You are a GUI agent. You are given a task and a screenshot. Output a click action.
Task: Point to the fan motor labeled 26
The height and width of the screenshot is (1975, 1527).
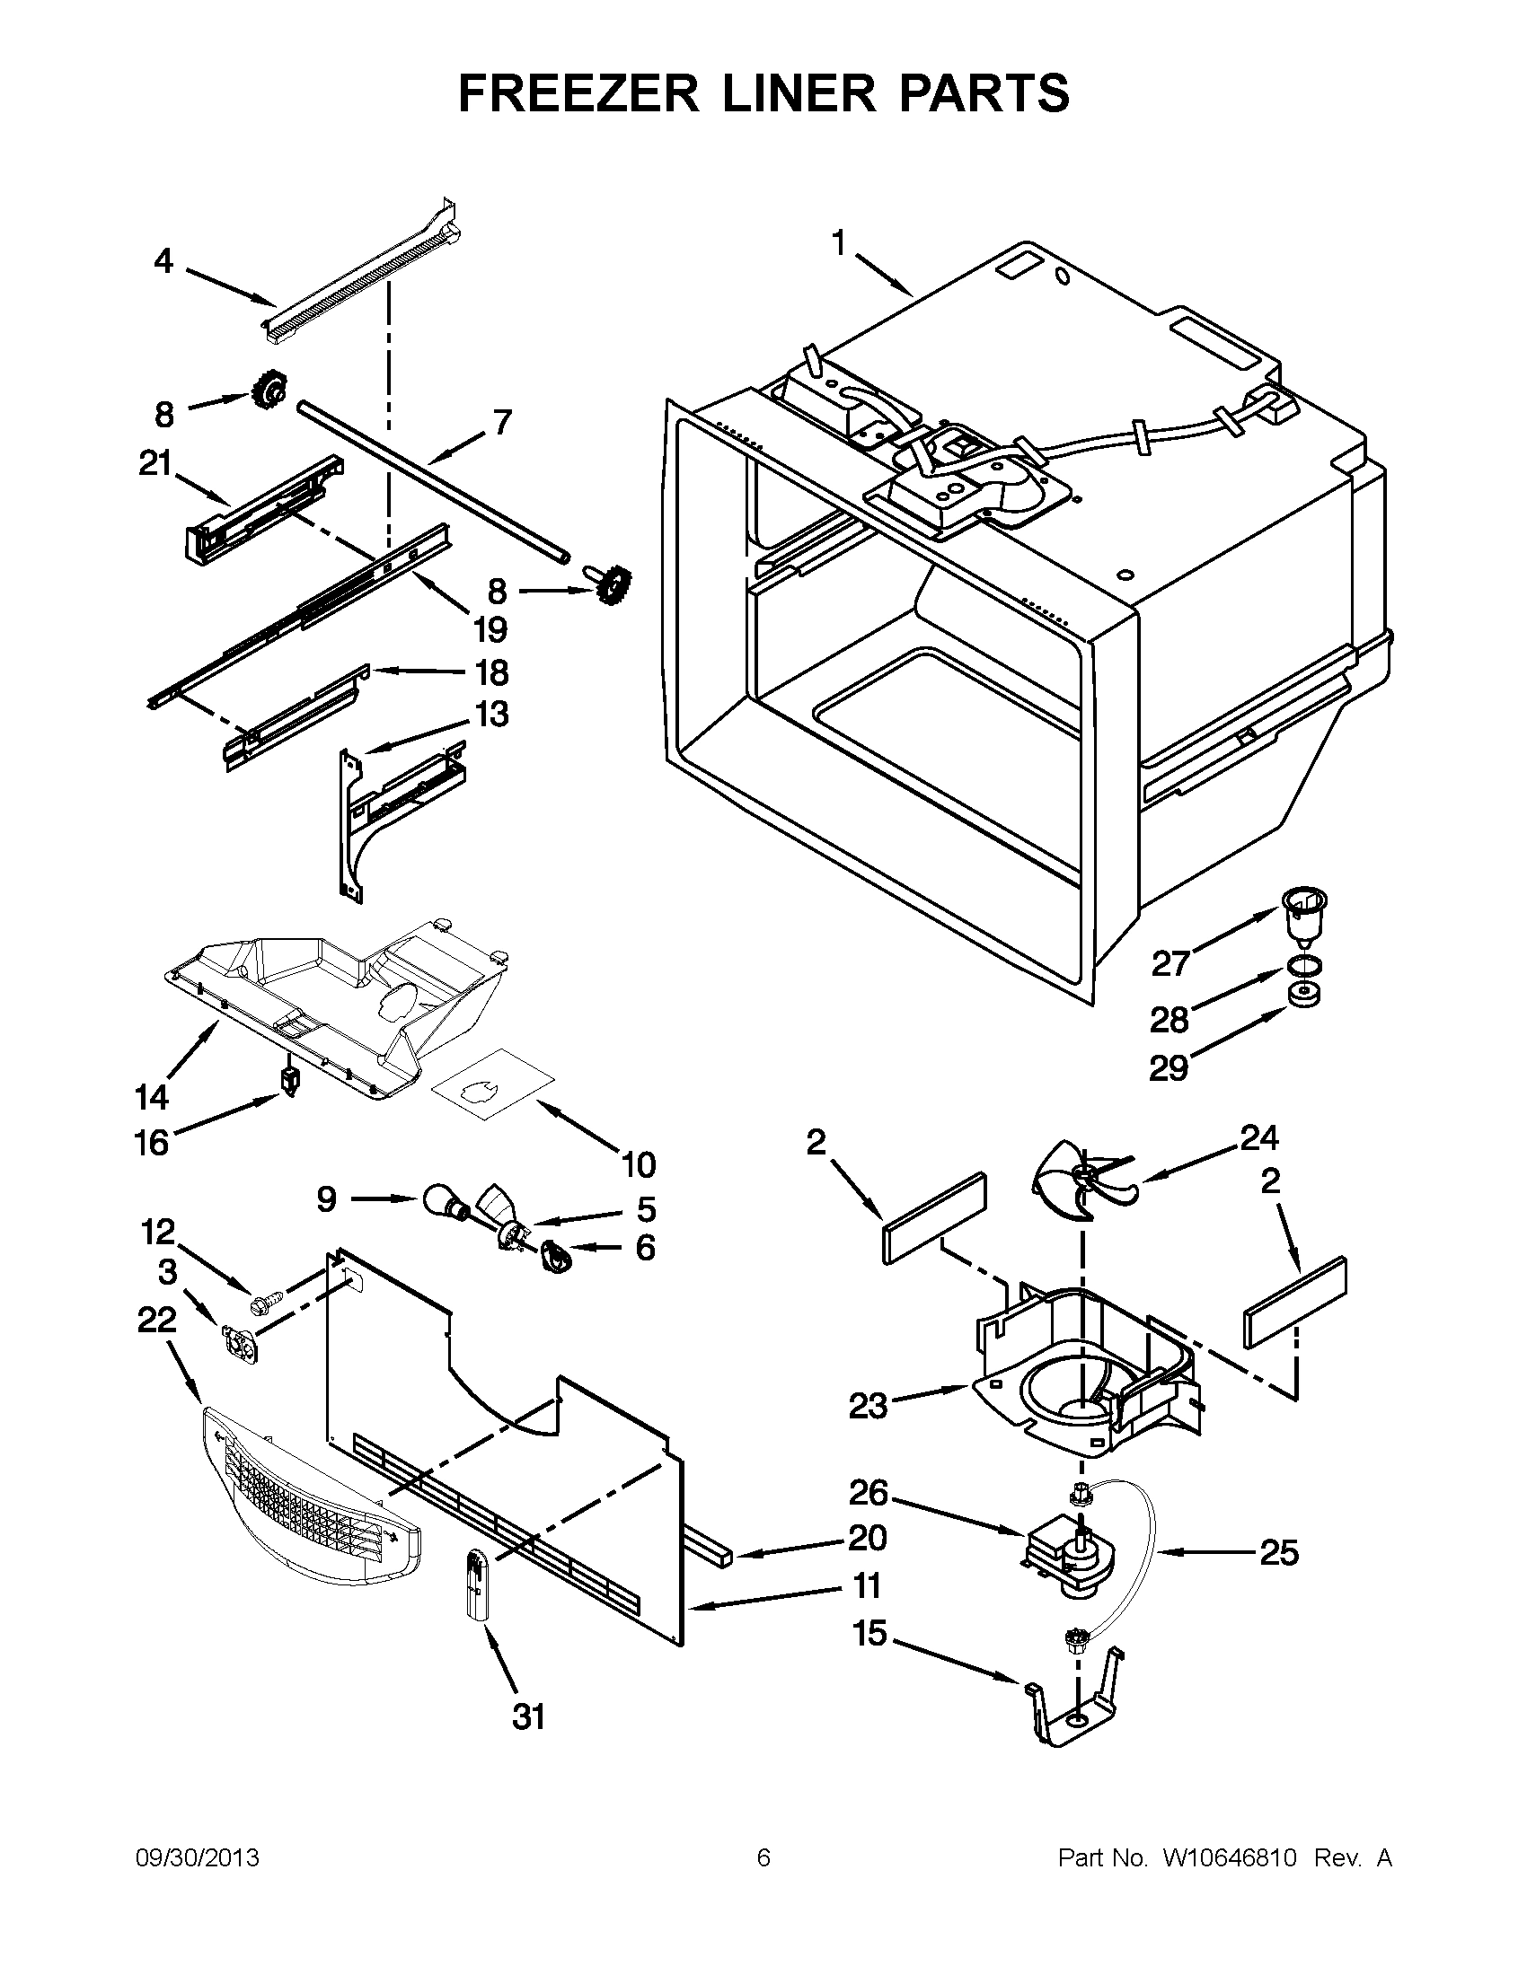(x=1067, y=1556)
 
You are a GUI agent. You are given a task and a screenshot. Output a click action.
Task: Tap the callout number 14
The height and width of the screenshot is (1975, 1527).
(x=152, y=1097)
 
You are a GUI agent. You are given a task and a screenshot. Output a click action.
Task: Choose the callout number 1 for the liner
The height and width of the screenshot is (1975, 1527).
(x=839, y=243)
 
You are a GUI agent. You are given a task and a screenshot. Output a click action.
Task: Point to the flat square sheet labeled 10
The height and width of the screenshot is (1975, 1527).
(x=493, y=1084)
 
